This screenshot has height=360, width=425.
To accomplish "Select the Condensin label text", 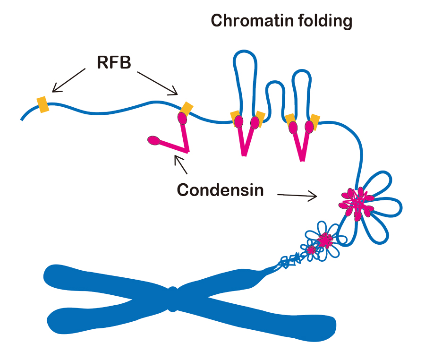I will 220,190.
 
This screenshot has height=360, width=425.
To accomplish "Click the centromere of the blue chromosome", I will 173,300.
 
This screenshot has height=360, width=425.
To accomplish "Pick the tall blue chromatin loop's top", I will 246,54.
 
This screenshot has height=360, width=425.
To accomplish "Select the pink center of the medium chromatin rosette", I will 325,240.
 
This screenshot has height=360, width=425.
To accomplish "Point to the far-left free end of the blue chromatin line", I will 22,119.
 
